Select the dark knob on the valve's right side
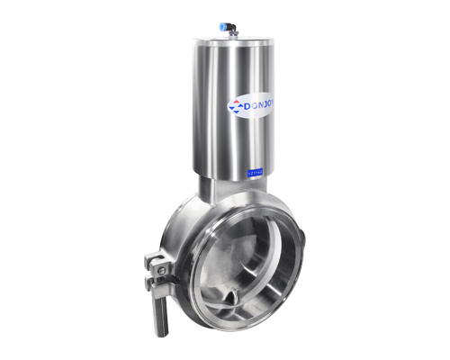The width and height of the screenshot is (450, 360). click(x=303, y=239)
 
